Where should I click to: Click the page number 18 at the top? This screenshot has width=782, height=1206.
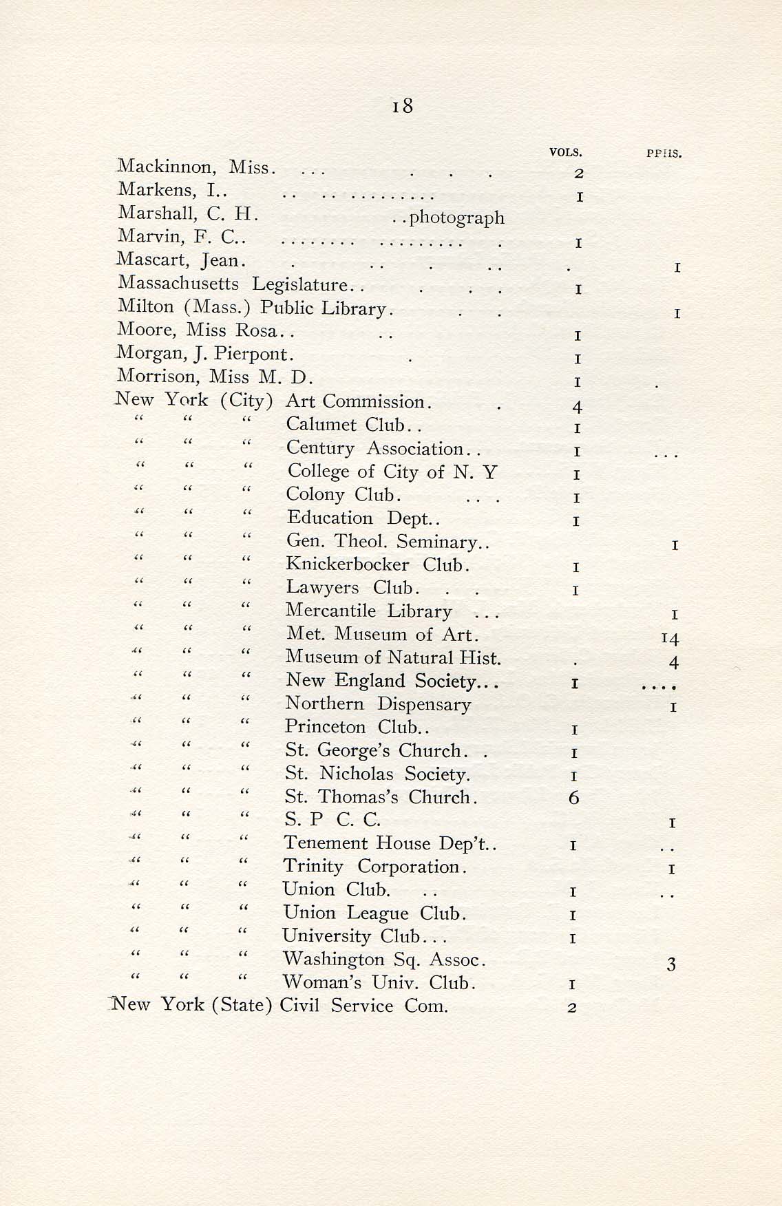click(402, 106)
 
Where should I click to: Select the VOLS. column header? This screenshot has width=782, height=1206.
click(566, 152)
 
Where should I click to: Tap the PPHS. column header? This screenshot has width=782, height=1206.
click(664, 154)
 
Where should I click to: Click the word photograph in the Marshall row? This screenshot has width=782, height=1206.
click(456, 218)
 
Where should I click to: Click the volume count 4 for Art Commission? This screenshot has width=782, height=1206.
click(578, 408)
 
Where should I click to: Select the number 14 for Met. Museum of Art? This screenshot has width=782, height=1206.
click(670, 639)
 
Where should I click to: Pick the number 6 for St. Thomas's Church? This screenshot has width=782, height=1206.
click(574, 798)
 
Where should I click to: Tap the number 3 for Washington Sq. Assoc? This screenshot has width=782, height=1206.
click(671, 965)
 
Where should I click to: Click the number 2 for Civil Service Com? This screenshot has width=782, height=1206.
click(572, 1008)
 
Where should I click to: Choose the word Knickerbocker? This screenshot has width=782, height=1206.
click(348, 565)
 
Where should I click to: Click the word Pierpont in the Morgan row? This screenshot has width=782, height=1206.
click(254, 355)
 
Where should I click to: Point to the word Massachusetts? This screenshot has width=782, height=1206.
click(178, 283)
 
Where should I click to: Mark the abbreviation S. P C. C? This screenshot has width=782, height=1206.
click(332, 820)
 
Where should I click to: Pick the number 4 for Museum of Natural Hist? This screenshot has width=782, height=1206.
click(674, 663)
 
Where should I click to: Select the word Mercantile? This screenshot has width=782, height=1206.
click(331, 611)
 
